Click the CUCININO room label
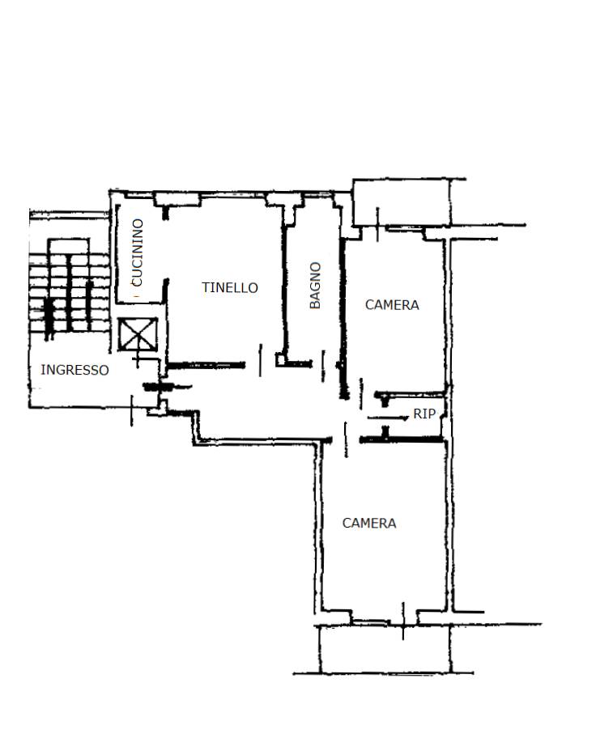(x=138, y=252)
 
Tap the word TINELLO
(x=230, y=287)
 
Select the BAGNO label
(x=316, y=285)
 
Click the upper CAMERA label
(x=392, y=305)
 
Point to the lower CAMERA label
(x=369, y=524)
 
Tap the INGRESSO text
(x=75, y=370)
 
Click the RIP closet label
(x=424, y=414)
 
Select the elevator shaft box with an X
(x=138, y=334)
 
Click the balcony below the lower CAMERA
(x=385, y=649)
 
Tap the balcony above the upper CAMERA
(x=402, y=202)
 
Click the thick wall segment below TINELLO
(x=206, y=365)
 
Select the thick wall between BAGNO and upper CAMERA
(x=343, y=318)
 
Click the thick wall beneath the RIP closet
(x=401, y=439)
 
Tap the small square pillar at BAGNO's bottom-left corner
(x=280, y=359)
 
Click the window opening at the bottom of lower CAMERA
(x=384, y=622)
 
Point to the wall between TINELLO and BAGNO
(x=284, y=281)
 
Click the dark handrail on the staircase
(x=49, y=318)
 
